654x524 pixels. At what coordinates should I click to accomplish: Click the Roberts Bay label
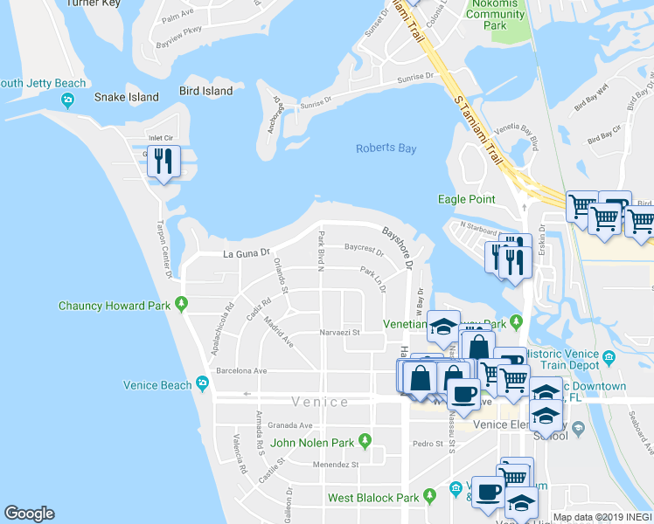click(x=386, y=148)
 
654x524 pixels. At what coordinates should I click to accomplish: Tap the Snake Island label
click(x=127, y=97)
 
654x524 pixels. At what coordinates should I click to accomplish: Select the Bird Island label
click(x=205, y=91)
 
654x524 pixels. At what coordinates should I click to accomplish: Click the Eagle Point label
click(x=466, y=199)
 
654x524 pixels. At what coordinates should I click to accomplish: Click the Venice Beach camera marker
click(x=203, y=383)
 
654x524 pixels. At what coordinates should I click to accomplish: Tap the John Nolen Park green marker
click(x=365, y=441)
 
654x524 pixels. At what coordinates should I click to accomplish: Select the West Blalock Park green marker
click(x=429, y=496)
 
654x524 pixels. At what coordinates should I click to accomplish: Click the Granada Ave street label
click(x=294, y=425)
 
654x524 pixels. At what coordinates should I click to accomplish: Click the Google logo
click(x=29, y=514)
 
